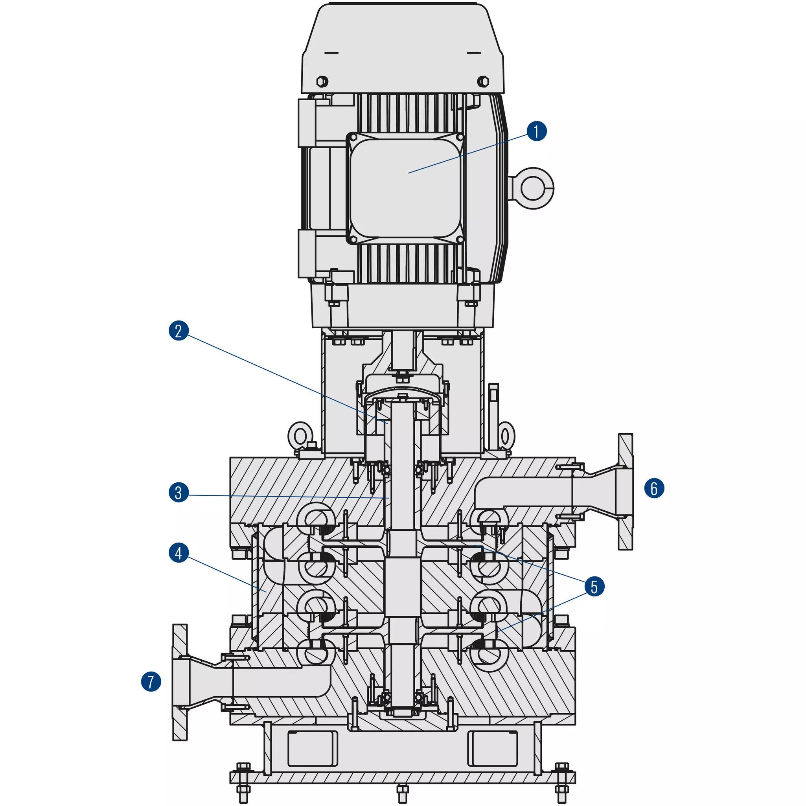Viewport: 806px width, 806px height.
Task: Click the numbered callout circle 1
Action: [537, 131]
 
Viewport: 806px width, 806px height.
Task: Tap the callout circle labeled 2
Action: [178, 331]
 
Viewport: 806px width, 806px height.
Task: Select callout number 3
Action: [178, 492]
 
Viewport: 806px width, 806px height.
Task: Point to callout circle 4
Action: [178, 553]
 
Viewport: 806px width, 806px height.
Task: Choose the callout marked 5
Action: [594, 587]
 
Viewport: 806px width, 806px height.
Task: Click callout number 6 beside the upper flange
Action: [654, 488]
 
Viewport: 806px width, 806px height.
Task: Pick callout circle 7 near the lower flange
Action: [151, 682]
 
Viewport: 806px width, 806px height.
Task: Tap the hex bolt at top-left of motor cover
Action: [322, 81]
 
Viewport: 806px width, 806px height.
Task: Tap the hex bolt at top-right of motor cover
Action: [483, 81]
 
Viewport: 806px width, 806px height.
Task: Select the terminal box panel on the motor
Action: [405, 189]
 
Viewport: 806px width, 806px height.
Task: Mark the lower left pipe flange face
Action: [180, 683]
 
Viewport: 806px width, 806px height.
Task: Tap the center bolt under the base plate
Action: [402, 793]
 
